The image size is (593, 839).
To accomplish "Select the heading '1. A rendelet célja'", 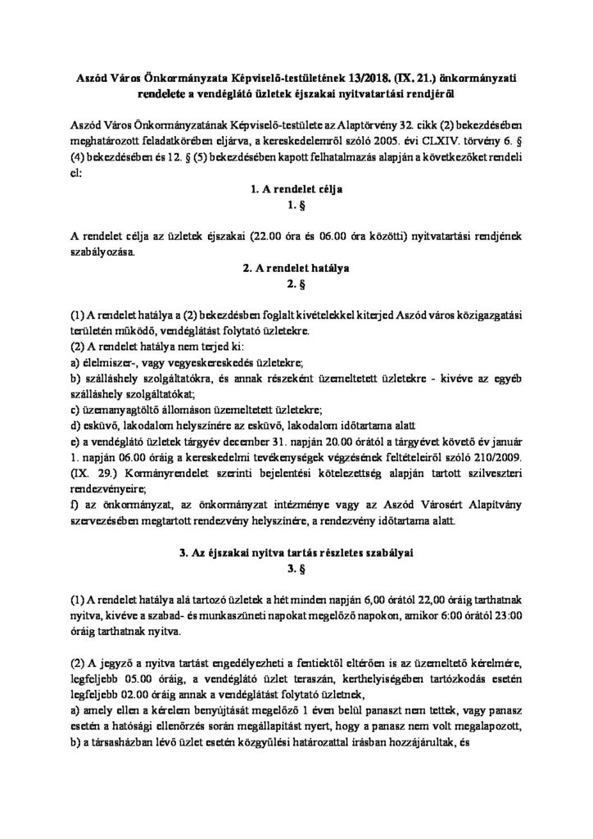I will (296, 188).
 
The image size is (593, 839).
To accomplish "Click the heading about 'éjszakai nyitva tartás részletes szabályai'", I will (296, 553).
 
